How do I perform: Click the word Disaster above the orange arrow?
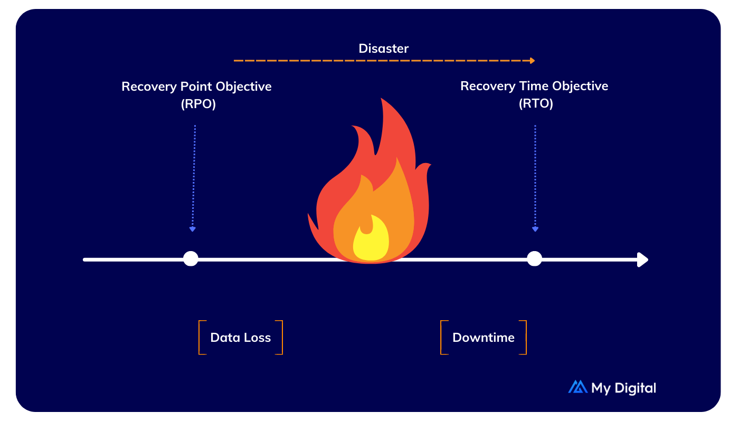click(384, 49)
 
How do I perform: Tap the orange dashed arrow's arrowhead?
click(533, 61)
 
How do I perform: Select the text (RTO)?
click(535, 104)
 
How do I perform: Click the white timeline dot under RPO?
click(191, 259)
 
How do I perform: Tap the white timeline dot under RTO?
click(535, 259)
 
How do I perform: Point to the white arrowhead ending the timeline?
click(643, 260)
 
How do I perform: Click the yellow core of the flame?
click(371, 240)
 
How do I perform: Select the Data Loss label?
click(241, 338)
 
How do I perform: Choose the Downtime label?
click(484, 338)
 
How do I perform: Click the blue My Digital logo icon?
click(577, 387)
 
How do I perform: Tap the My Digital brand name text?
click(623, 388)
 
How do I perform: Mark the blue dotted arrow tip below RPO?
click(193, 229)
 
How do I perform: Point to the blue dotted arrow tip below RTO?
click(535, 229)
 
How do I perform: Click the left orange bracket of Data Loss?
click(201, 338)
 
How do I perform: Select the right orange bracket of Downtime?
click(524, 338)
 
